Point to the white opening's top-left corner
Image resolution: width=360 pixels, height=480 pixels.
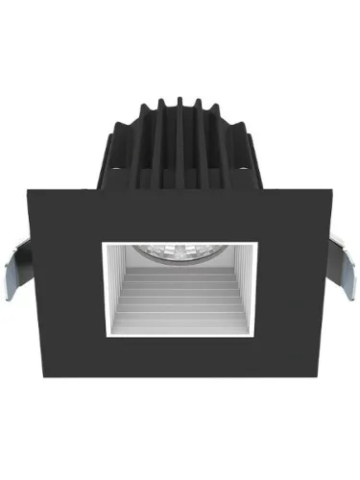tap(103, 243)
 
